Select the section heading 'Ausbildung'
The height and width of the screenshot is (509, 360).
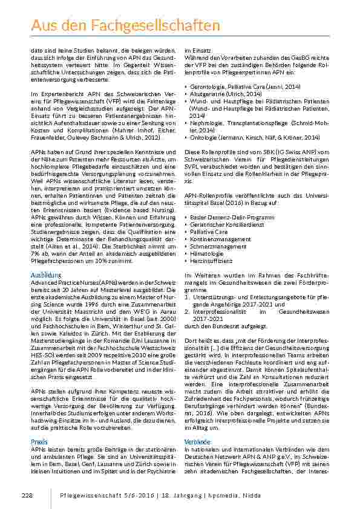[46, 275]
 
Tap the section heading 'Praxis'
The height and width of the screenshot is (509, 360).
[39, 442]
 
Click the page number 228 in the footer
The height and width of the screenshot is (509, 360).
[26, 495]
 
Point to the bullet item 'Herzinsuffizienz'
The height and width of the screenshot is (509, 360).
[213, 261]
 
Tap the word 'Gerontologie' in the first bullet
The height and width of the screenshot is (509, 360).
[207, 86]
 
